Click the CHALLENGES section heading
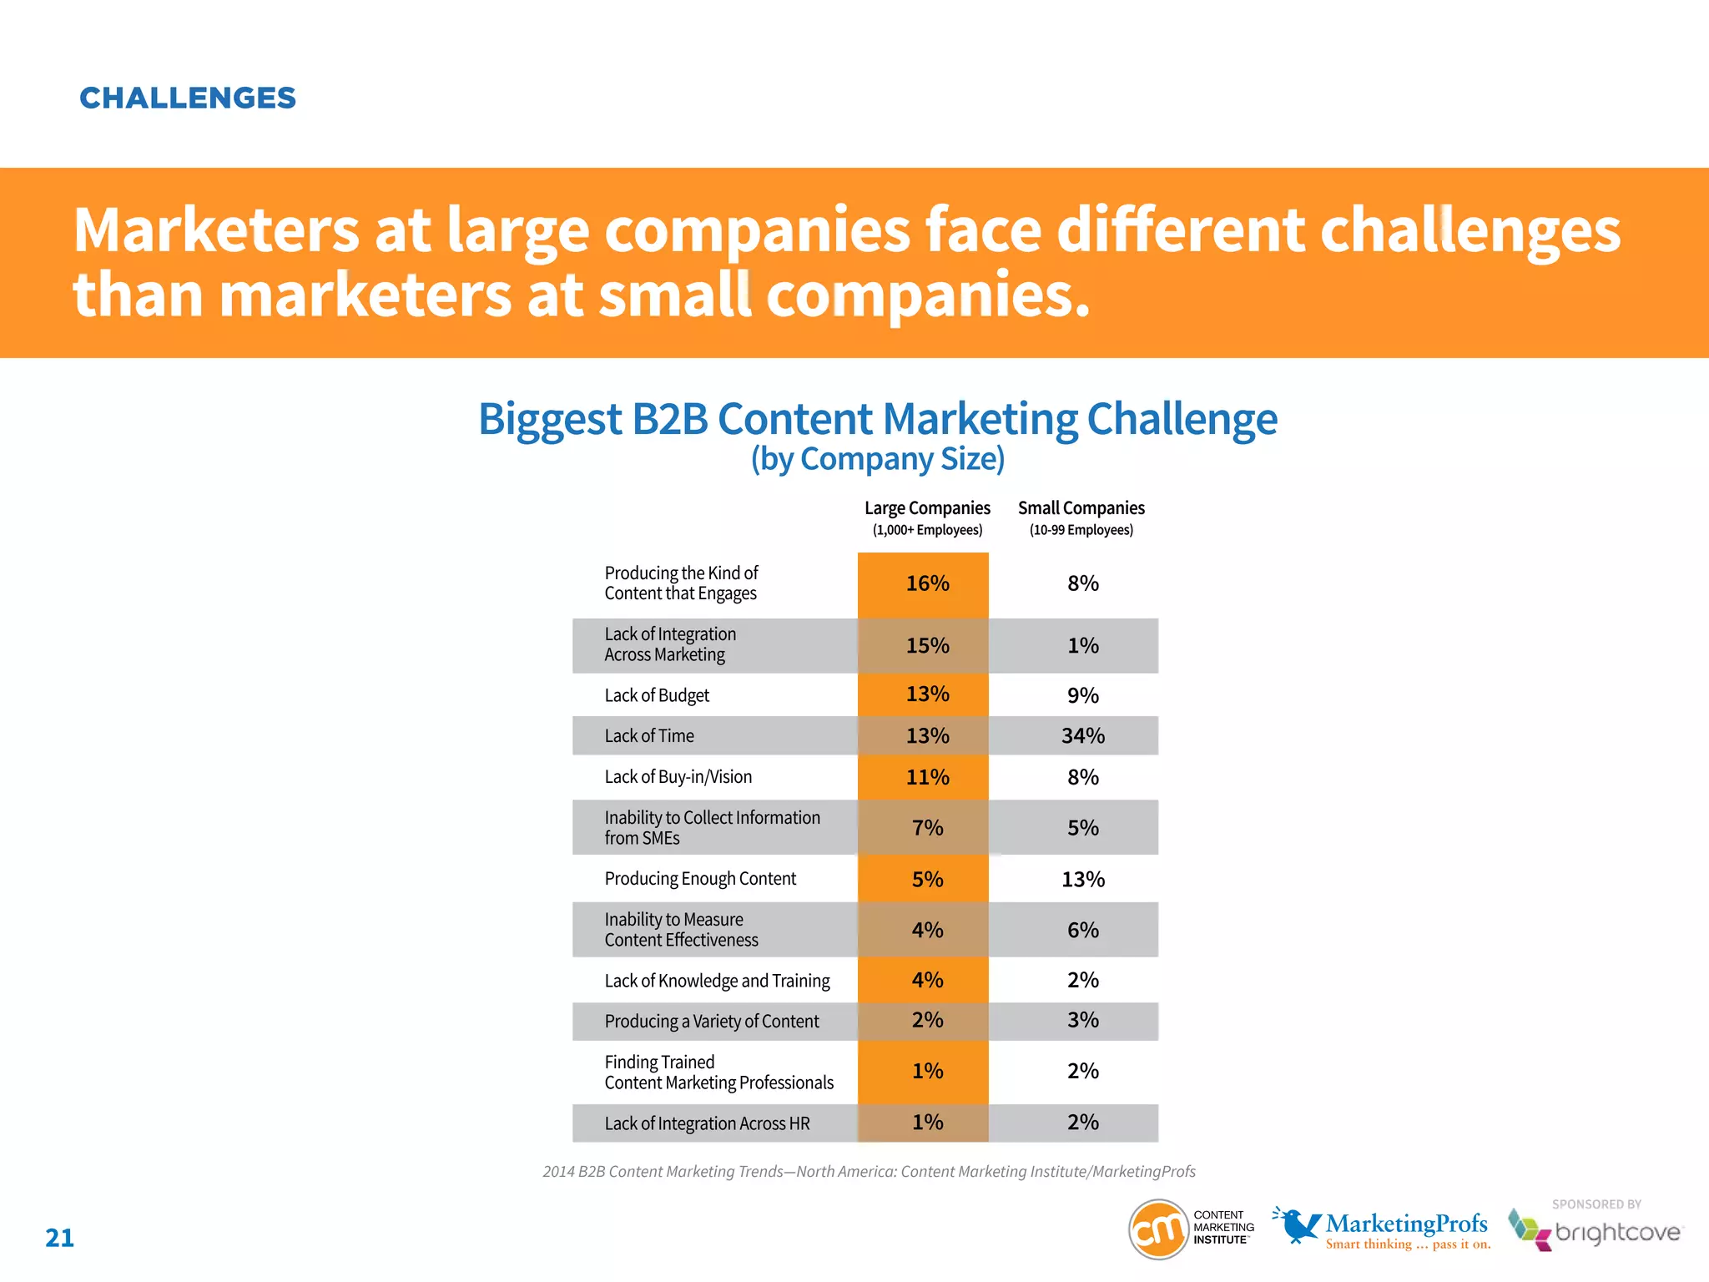tap(188, 98)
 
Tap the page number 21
tap(59, 1238)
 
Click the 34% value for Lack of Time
tap(1082, 736)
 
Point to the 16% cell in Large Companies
tap(927, 583)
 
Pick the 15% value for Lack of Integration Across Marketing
tap(927, 646)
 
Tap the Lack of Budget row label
tap(657, 695)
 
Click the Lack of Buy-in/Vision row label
tap(678, 777)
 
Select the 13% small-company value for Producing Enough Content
tap(1082, 880)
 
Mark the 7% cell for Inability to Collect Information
tap(927, 828)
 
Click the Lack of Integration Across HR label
tap(707, 1123)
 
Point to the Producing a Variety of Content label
tap(712, 1022)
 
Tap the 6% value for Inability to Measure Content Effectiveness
tap(1082, 930)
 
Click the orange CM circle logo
tap(1158, 1229)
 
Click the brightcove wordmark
tap(1617, 1233)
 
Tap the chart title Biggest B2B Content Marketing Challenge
tap(877, 419)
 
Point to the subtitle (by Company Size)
tap(877, 459)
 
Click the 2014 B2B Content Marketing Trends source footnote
tap(869, 1172)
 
